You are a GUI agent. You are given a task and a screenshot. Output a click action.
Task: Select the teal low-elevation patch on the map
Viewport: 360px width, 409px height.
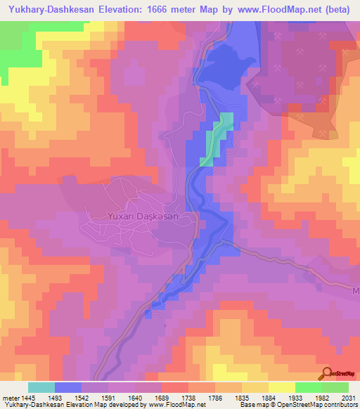[217, 138]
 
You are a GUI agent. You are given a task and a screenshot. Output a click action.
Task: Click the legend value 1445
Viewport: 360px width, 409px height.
[28, 398]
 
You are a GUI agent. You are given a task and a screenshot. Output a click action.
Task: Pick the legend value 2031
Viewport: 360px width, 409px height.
[348, 398]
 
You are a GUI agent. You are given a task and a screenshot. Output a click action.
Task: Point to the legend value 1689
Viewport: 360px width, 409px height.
[161, 398]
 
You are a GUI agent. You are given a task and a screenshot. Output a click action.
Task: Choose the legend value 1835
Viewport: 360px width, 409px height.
[241, 398]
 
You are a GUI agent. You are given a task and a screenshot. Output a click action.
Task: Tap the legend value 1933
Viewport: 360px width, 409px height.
[295, 398]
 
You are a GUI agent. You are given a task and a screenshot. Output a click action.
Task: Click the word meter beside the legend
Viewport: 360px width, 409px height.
[10, 398]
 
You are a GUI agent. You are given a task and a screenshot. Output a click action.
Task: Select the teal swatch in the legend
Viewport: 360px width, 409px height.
[41, 387]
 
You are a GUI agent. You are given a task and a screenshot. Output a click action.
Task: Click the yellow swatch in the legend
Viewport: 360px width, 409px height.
[281, 387]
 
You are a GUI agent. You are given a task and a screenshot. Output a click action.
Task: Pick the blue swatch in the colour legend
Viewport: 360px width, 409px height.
[68, 387]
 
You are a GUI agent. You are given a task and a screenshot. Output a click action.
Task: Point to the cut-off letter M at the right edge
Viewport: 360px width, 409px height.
[356, 289]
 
